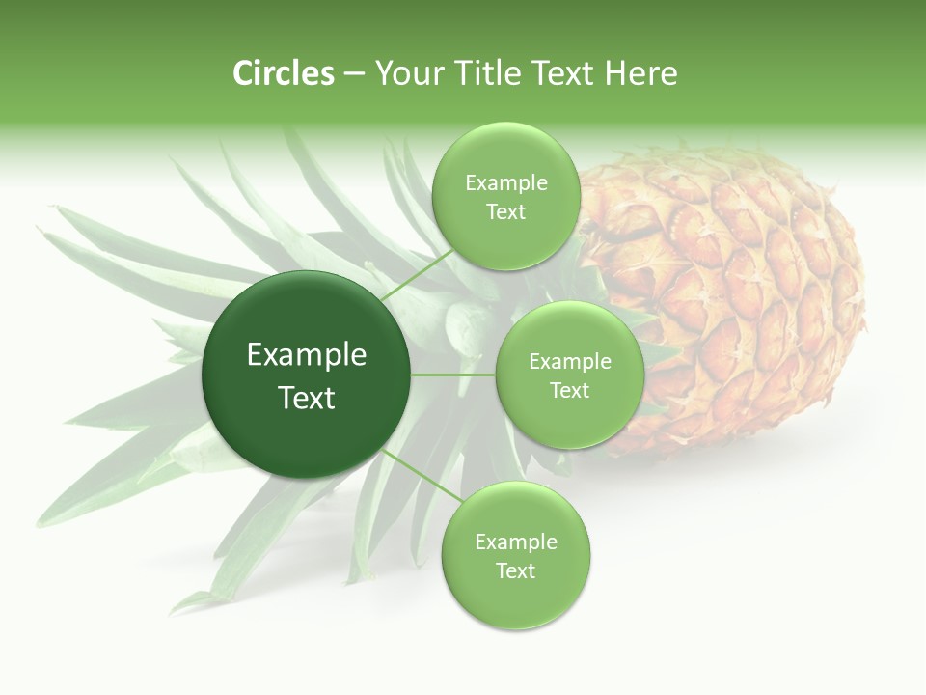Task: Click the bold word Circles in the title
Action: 283,73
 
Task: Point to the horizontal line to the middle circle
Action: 453,375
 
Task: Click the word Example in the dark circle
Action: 306,355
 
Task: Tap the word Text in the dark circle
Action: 306,398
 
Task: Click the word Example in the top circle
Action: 505,183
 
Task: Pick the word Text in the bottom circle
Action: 515,570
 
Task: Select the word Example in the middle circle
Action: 569,362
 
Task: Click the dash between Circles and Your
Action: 353,74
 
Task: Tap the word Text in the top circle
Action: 505,212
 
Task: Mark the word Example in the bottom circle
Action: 515,542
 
